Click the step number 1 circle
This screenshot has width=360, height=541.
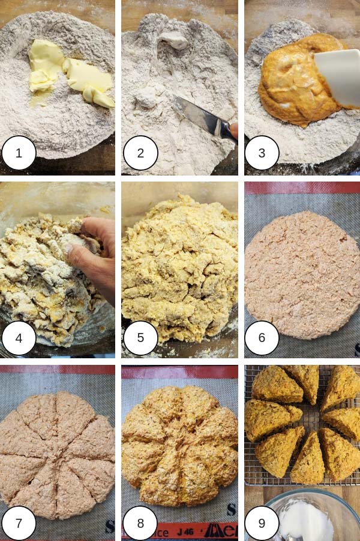pos(19,153)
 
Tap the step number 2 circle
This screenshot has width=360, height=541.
pos(140,153)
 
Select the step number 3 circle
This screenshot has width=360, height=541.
pos(262,153)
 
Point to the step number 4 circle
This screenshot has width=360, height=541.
pos(19,337)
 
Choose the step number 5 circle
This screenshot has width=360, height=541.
pos(140,337)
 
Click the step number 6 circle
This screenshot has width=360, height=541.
pos(262,337)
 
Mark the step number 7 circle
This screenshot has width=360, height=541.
pos(19,522)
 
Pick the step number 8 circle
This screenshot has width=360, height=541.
pos(140,522)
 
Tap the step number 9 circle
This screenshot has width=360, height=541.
pos(262,522)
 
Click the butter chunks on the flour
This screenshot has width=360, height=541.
pos(69,78)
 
